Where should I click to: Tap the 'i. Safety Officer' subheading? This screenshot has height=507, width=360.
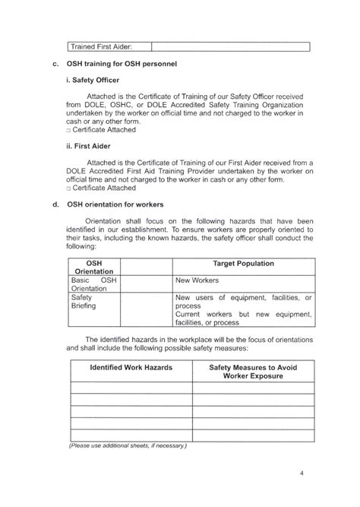[92, 79]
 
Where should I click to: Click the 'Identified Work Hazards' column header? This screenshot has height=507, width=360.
[131, 367]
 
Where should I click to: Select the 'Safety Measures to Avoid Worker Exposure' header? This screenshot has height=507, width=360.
[252, 372]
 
